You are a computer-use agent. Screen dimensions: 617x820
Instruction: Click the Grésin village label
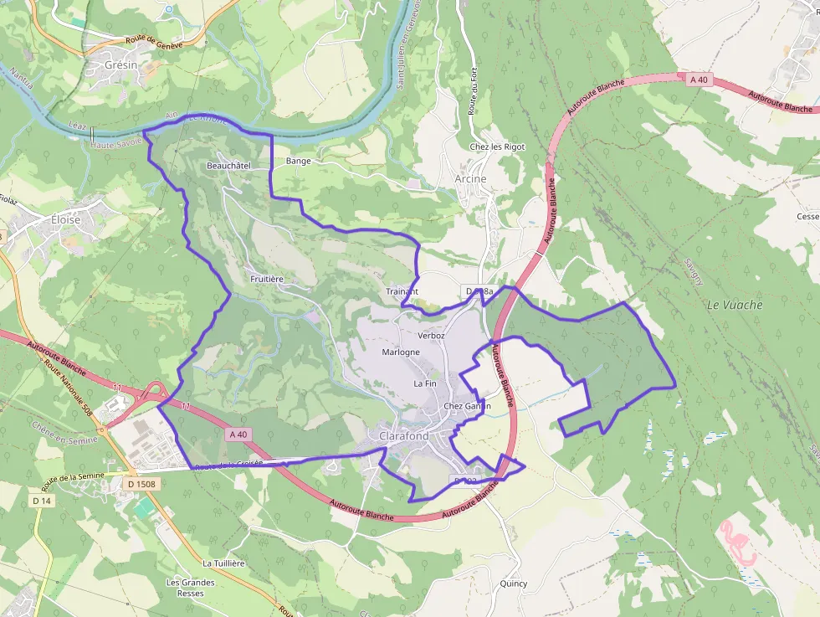pos(121,64)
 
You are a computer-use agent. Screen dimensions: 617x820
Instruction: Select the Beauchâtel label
pos(228,166)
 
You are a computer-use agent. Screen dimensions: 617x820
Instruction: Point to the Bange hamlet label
pos(298,161)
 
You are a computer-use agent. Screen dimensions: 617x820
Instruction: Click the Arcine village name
pos(470,178)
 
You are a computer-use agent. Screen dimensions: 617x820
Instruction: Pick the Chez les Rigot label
pos(497,147)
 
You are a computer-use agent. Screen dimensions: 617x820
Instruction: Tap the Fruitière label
pos(268,278)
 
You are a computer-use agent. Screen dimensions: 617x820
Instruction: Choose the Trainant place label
pos(402,291)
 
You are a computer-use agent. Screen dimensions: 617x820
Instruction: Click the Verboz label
pos(431,335)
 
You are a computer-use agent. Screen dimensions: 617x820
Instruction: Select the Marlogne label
pos(400,352)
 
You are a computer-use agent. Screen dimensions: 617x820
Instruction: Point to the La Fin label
pos(425,383)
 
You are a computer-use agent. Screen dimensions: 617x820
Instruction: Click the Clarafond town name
pos(403,436)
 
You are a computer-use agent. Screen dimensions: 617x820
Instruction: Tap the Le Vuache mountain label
pos(735,305)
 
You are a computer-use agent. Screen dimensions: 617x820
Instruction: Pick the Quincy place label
pos(513,584)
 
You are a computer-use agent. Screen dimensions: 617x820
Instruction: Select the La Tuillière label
pos(223,563)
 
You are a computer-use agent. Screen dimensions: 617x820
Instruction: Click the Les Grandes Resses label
pos(190,588)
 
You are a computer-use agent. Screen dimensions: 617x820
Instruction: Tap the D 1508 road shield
pos(143,484)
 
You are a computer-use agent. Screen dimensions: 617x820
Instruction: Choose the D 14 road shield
pos(42,501)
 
